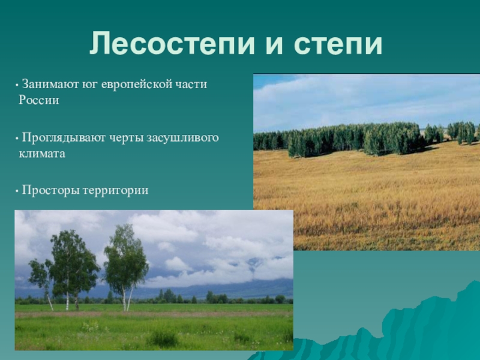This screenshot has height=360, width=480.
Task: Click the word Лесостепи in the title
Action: coord(172,43)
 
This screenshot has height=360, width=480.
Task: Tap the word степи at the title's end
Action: coord(338,43)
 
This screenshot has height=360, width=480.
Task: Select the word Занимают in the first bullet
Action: coord(50,84)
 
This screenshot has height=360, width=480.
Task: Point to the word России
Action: coord(39,100)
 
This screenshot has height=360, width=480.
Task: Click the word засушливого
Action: coord(182,138)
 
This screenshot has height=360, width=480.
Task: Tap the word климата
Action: coord(42,154)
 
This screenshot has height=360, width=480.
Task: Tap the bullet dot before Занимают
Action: coord(17,85)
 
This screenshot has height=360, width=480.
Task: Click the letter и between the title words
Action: coord(275,47)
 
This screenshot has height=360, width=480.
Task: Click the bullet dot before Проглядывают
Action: coord(17,139)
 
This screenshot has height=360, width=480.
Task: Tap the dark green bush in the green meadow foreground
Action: coord(163,338)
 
